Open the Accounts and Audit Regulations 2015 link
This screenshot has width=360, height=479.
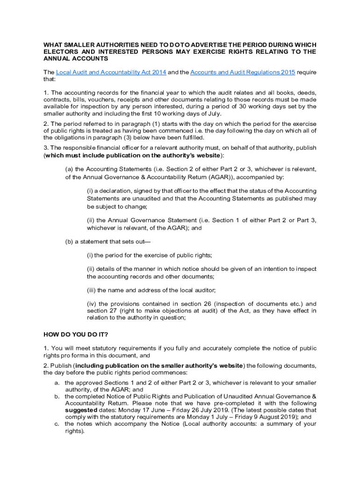coord(243,73)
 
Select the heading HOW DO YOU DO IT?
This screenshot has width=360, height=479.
coord(72,334)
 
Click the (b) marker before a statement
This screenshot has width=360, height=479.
coord(69,242)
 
